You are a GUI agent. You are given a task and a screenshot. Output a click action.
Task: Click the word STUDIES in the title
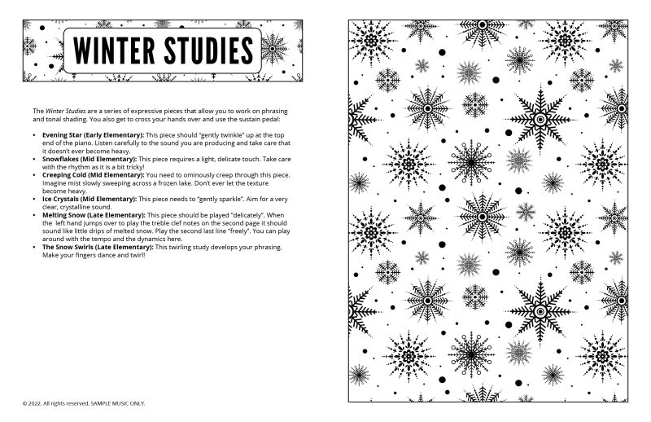click(x=207, y=50)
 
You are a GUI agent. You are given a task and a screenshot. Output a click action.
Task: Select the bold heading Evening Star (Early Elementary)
click(x=92, y=133)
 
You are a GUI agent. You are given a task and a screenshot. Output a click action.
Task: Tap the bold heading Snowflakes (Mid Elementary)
click(x=90, y=158)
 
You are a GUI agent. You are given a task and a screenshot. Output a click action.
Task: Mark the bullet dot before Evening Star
click(x=34, y=134)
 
